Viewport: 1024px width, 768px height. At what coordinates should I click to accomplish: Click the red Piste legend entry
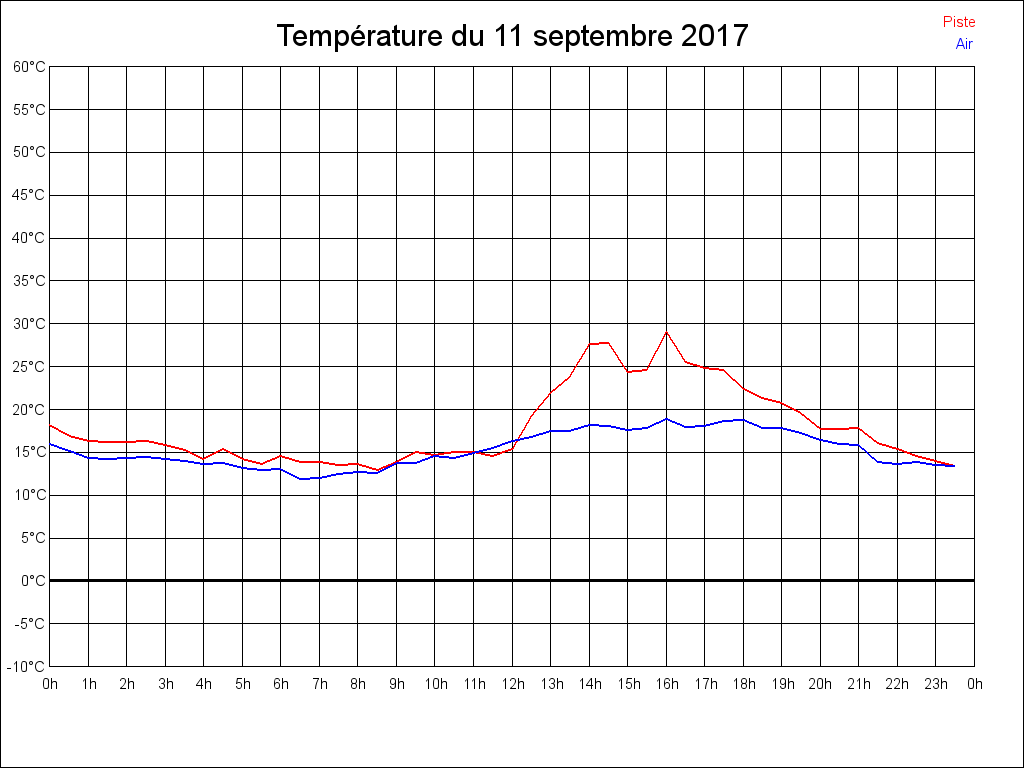pyautogui.click(x=958, y=22)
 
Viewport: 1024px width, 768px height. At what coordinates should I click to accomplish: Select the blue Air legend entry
pyautogui.click(x=964, y=44)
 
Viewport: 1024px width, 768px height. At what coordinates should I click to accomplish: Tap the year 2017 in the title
pyautogui.click(x=714, y=37)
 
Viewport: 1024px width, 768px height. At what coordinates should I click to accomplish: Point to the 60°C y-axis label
pyautogui.click(x=29, y=67)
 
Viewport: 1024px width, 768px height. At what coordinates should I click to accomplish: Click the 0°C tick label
pyautogui.click(x=33, y=581)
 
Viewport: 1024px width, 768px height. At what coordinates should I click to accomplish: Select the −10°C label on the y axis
pyautogui.click(x=28, y=667)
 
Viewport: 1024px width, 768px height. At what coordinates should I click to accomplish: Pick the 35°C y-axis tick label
pyautogui.click(x=29, y=281)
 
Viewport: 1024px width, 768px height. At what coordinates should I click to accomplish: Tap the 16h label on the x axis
pyautogui.click(x=667, y=684)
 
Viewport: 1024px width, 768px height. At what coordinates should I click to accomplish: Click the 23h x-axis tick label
pyautogui.click(x=936, y=684)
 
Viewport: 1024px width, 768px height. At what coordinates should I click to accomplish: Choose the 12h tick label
pyautogui.click(x=513, y=684)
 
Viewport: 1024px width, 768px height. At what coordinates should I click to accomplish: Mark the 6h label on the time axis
pyautogui.click(x=281, y=684)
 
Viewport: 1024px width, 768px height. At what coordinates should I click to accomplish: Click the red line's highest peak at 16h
pyautogui.click(x=667, y=332)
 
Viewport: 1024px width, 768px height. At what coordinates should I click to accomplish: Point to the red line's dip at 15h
pyautogui.click(x=628, y=372)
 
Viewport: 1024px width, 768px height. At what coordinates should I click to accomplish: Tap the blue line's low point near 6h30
pyautogui.click(x=300, y=479)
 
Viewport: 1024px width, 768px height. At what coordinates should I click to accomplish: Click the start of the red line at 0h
pyautogui.click(x=50, y=425)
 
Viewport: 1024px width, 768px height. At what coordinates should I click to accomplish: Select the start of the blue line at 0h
pyautogui.click(x=50, y=443)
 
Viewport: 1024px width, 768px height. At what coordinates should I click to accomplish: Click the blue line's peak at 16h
pyautogui.click(x=667, y=418)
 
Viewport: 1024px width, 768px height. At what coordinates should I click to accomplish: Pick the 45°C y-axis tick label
pyautogui.click(x=29, y=195)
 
